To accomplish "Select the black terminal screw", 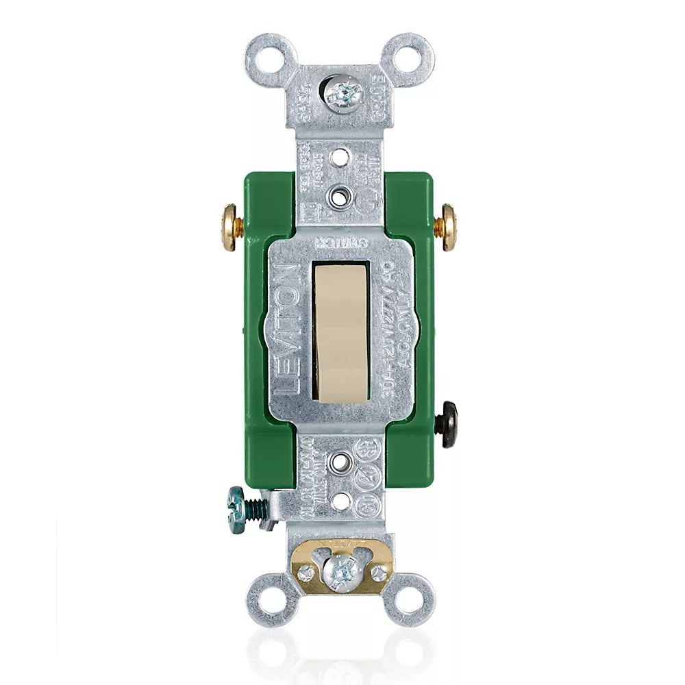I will (x=449, y=425).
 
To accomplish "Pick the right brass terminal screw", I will (x=449, y=227).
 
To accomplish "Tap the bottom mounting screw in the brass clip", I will (x=340, y=571).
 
